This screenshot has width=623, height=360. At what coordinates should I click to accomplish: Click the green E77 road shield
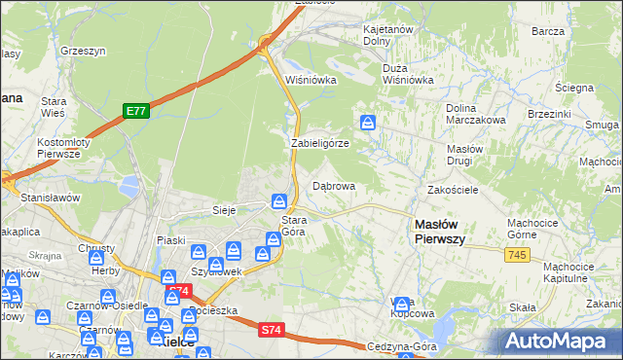click(135, 112)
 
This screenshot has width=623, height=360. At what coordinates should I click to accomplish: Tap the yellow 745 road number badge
click(517, 254)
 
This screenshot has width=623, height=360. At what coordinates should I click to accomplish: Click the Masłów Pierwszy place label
click(440, 231)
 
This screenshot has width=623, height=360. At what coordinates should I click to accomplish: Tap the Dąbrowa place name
click(333, 185)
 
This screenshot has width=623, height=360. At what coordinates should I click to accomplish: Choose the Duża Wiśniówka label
click(408, 75)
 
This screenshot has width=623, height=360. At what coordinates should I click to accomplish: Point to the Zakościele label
click(452, 190)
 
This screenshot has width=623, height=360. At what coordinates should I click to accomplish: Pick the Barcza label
click(549, 31)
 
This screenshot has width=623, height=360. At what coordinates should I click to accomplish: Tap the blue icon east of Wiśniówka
click(369, 123)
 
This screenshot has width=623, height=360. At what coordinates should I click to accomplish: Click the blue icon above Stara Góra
click(278, 201)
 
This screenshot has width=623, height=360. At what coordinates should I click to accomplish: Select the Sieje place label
click(225, 209)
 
